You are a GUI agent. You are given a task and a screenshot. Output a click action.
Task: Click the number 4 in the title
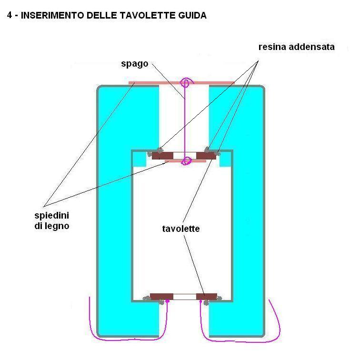pos(10,16)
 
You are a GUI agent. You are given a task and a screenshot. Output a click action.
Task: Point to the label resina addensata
pos(296,47)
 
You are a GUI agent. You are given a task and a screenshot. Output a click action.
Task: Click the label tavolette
pos(180,229)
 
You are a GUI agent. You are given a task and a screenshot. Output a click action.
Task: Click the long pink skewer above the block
pos(143,83)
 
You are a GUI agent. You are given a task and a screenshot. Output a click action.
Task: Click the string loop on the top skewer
pos(185,84)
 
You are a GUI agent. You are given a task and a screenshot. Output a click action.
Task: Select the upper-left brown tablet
pos(162,156)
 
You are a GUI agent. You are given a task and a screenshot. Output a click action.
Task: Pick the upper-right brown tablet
pos(206,156)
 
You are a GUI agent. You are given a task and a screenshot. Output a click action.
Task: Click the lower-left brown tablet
pos(161,297)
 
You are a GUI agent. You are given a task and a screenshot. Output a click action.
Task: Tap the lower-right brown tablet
pos(207,297)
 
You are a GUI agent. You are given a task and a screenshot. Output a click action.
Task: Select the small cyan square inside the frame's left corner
pos(139,159)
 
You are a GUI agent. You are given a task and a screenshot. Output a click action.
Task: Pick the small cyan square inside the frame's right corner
pos(226,159)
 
